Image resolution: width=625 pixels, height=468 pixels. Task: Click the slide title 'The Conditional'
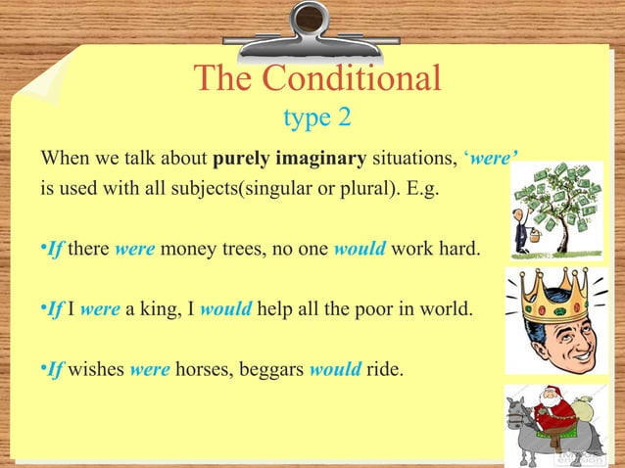(316, 79)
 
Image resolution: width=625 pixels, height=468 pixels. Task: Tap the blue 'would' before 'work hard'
(360, 250)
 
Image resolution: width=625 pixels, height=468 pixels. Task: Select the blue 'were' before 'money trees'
(134, 250)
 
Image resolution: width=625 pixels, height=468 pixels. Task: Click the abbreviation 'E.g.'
(420, 188)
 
